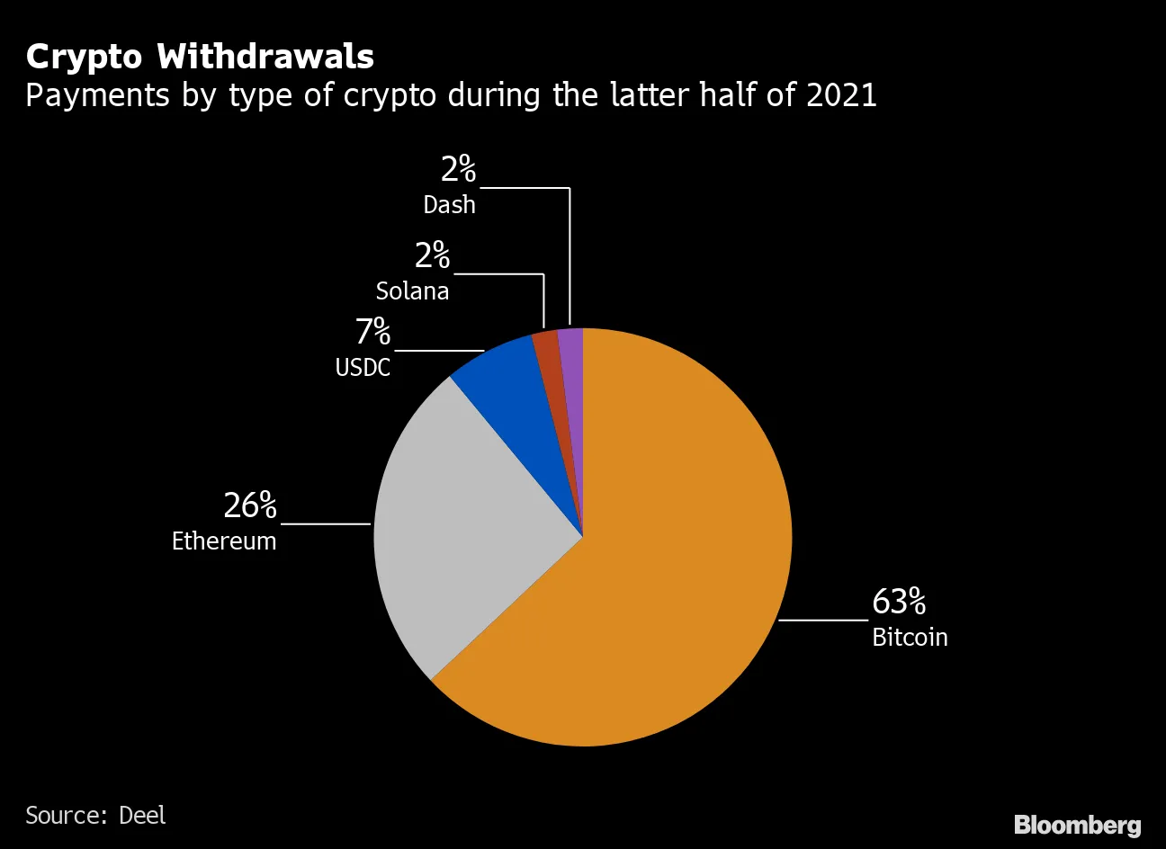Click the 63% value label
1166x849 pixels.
coord(898,602)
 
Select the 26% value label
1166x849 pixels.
coord(249,506)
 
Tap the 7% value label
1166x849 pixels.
coord(372,333)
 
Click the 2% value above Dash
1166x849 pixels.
coord(457,169)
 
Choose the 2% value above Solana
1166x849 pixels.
coord(432,256)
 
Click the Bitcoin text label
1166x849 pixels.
coord(910,638)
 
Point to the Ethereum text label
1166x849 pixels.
coord(224,541)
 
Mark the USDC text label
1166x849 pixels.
coord(363,368)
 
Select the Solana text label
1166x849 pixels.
coord(412,291)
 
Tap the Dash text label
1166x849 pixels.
coord(449,205)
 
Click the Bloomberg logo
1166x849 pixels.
coord(1077,825)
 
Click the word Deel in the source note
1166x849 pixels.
coord(142,816)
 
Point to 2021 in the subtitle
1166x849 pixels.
coord(841,95)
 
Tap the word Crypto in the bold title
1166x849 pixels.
coord(85,58)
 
